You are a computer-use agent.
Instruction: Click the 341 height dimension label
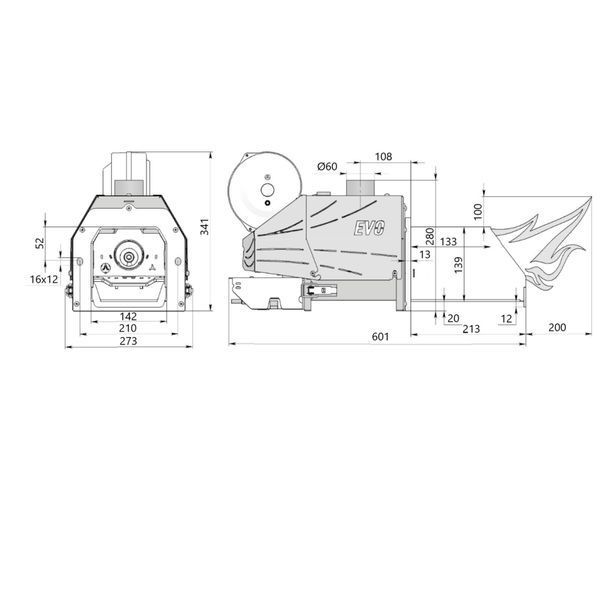tap(205, 227)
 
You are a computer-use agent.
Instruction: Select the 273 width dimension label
tap(128, 341)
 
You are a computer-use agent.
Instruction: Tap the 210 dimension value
tap(128, 328)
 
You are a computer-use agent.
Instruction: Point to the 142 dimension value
tap(128, 317)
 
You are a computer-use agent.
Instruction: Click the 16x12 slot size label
tap(44, 279)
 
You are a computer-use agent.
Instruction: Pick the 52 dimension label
tap(40, 243)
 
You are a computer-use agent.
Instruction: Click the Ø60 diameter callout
tap(328, 166)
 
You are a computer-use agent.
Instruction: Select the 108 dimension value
tap(383, 157)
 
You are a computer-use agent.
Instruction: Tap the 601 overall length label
tap(380, 337)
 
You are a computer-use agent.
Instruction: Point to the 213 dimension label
tap(471, 329)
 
